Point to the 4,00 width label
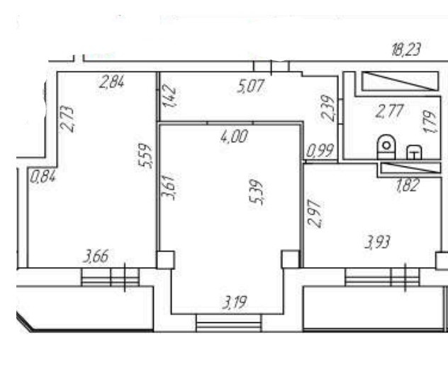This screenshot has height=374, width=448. point(234,137)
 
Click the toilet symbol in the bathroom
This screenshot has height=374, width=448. point(386,146)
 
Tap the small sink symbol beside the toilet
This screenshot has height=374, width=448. point(414,151)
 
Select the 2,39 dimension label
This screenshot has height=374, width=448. point(327,108)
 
